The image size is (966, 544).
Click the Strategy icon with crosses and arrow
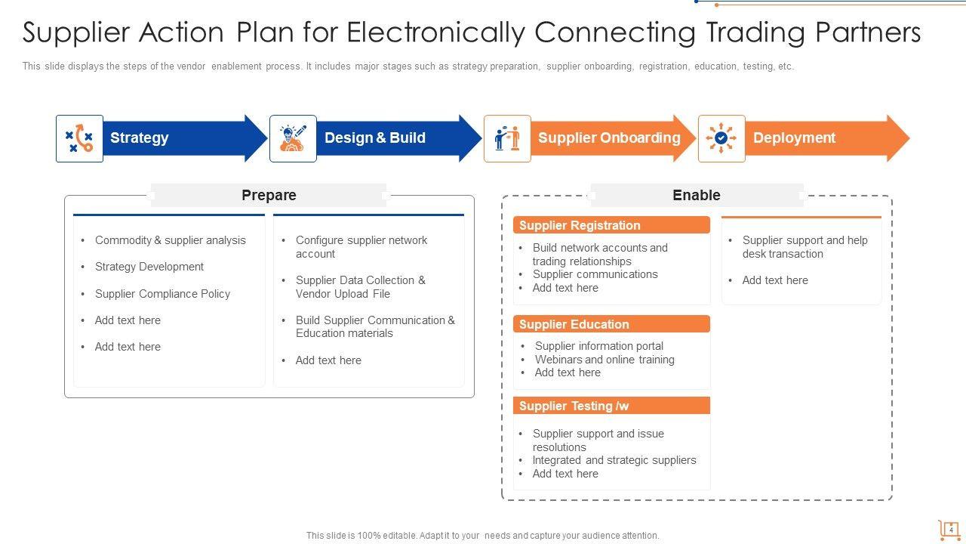point(79,138)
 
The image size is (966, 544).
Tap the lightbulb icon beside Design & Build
point(293,138)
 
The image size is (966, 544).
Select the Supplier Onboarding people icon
point(507,138)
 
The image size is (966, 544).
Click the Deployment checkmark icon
point(721,138)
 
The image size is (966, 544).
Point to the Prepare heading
point(269,195)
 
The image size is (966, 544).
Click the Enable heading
point(696,195)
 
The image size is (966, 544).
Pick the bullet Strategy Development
point(149,267)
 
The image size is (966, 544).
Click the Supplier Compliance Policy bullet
point(162,294)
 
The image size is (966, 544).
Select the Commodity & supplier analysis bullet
point(170,240)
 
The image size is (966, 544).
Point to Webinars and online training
point(605,360)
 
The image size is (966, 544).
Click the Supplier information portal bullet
point(599,346)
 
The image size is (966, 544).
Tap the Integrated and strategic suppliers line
point(614,460)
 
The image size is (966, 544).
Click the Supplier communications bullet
point(595,274)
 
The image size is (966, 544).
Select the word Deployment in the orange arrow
point(794,138)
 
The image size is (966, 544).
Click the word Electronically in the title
point(437,32)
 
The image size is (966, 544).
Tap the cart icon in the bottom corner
point(949,529)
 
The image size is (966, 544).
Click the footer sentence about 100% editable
point(482,535)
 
